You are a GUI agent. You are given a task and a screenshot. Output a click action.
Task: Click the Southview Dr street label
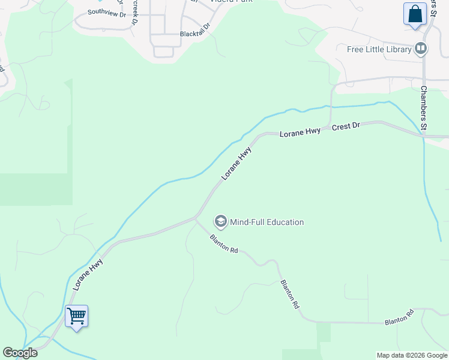pos(106,12)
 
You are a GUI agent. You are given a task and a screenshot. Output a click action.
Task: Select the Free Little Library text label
pos(379,49)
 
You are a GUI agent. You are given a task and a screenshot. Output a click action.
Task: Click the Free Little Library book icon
pos(421,49)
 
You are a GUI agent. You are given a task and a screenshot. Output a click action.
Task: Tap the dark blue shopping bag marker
pos(415,14)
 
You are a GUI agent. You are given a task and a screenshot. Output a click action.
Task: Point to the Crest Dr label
pos(345,127)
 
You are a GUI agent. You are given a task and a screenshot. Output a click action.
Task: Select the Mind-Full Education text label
pos(267,222)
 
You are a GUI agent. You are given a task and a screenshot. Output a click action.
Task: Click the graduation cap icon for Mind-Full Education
pos(220,222)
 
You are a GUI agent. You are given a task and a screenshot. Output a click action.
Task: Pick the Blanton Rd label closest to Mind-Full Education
pos(224,244)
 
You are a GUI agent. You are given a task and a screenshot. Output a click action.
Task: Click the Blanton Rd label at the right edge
pos(399,317)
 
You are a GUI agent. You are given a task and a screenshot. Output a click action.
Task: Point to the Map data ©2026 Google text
pos(412,355)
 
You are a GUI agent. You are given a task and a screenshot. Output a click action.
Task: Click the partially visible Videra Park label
pos(230,1)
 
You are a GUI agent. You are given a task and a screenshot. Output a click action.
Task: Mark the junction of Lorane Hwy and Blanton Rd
pos(196,217)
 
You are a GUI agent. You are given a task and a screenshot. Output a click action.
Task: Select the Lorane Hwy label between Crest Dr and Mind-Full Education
pos(236,163)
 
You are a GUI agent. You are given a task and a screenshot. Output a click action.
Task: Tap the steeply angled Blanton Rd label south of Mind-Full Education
pos(289,293)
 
